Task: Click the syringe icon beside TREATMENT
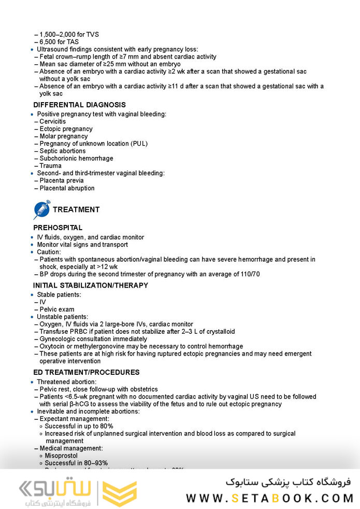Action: click(41, 209)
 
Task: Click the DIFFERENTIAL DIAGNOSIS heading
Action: click(79, 105)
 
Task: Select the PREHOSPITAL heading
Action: click(57, 228)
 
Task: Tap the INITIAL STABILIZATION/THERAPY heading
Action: click(91, 285)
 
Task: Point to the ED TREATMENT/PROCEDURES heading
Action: click(86, 372)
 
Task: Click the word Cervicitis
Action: click(53, 121)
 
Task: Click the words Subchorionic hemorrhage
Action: click(76, 158)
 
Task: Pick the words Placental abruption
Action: click(67, 188)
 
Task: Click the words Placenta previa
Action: click(62, 180)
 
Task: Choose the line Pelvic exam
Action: click(57, 309)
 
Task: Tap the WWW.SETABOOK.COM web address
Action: click(269, 498)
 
